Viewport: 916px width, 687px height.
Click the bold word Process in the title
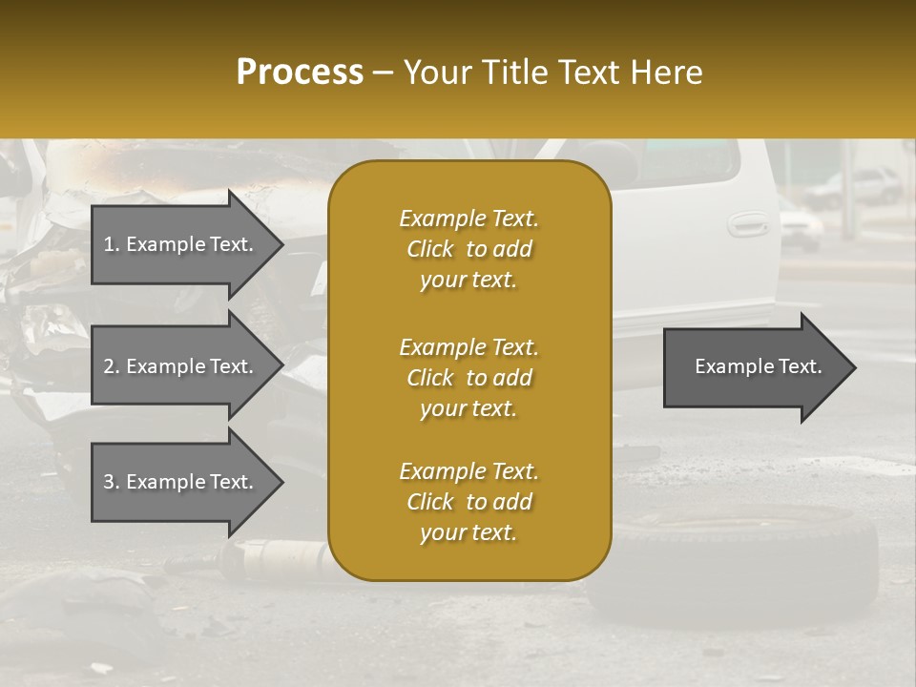[x=300, y=73]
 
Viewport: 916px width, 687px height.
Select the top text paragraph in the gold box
[x=468, y=249]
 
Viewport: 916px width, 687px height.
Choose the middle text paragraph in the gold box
[x=468, y=377]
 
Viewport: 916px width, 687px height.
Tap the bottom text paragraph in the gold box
[x=468, y=502]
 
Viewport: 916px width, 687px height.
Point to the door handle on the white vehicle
[x=747, y=224]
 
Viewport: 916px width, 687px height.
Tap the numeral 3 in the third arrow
[x=109, y=482]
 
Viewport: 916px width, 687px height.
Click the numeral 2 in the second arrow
[x=109, y=366]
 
